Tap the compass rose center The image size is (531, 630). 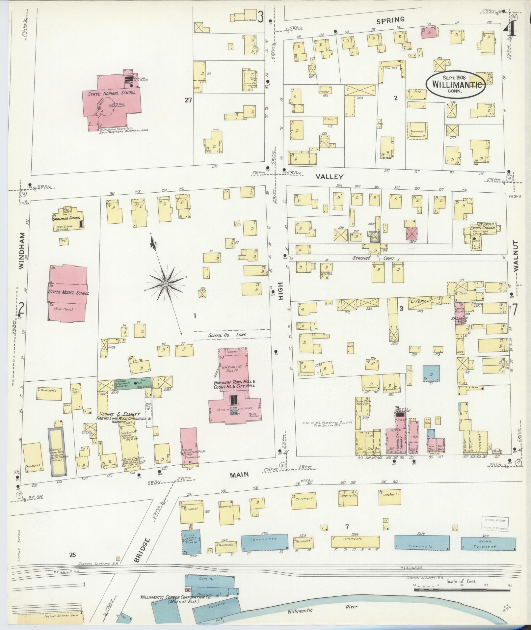coord(166,284)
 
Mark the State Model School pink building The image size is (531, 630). coord(68,293)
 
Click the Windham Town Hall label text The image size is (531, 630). coord(235,384)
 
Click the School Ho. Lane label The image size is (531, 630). coord(227,335)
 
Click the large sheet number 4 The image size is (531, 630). coord(510,31)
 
